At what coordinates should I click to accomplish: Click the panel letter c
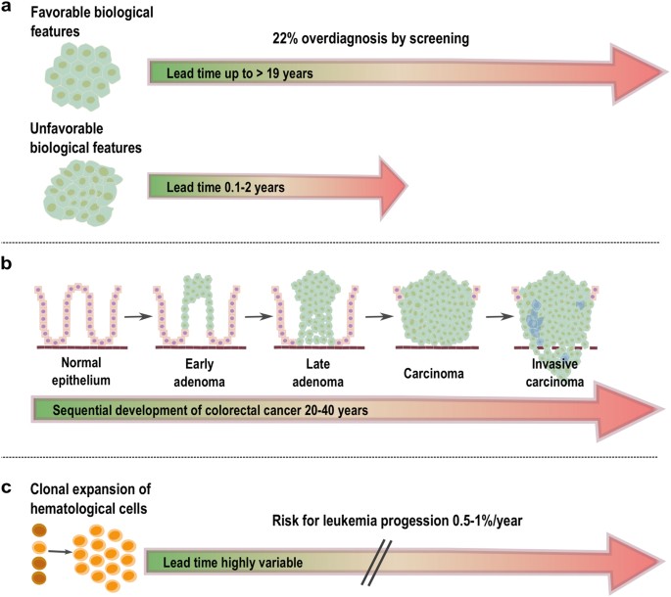[9, 483]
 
